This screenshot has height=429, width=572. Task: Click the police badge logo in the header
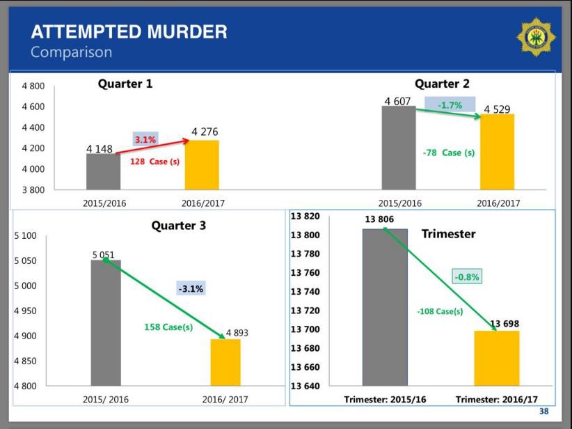pos(536,37)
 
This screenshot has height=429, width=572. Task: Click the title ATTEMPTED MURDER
pos(129,31)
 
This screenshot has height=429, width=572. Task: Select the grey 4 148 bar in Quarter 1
pos(103,171)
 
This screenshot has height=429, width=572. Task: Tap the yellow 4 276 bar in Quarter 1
pos(202,165)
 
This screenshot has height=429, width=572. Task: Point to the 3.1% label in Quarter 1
pos(145,140)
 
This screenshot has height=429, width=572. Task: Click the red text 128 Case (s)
pos(154,162)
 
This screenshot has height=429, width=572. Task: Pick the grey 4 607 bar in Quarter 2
pos(399,148)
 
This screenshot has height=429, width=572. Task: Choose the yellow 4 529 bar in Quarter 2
pos(498,151)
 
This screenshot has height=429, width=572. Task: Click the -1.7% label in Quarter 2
pos(450,105)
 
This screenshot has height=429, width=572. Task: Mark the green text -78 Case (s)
pos(449,153)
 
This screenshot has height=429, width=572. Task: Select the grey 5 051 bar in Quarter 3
pos(106,322)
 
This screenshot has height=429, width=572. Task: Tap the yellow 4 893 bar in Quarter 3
pos(225,362)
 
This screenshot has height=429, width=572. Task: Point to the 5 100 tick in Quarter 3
pos(26,236)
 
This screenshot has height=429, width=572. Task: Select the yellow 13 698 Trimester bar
pos(496,358)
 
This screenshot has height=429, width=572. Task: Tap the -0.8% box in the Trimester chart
pos(468,276)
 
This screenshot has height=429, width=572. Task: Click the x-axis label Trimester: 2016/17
pos(496,400)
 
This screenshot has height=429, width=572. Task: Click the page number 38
pos(543,411)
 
